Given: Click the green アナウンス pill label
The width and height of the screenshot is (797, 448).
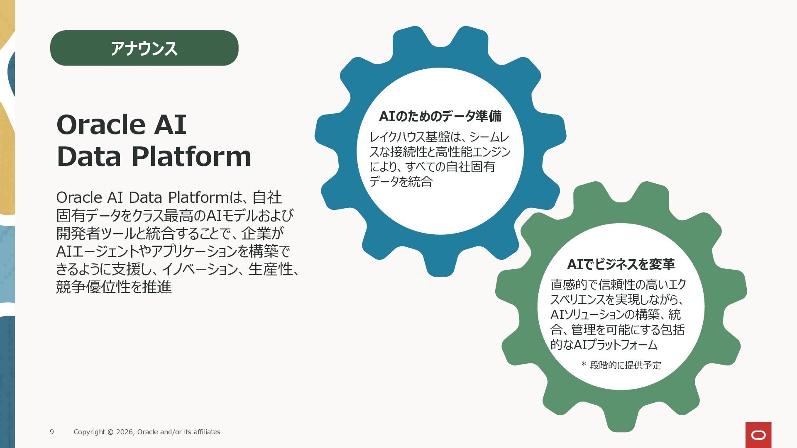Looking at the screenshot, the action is coord(144,48).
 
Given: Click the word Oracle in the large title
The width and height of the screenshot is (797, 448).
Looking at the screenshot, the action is coord(101,124).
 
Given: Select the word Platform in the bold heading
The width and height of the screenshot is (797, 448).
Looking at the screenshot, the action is coord(191,156).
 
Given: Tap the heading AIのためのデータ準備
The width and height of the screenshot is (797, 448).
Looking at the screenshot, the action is coord(440,116).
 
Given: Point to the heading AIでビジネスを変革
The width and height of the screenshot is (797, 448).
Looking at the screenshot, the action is coord(621,264).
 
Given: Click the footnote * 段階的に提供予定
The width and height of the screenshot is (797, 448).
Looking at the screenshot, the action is coord(621,365).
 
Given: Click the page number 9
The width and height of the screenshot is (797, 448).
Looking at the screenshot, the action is coord(52,432).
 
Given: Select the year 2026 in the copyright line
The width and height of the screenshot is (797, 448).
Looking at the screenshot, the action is coord(125,432).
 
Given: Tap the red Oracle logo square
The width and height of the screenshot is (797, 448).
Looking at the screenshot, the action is coord(758,435).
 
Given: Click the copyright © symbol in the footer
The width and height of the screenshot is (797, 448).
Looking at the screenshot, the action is coord(110,432).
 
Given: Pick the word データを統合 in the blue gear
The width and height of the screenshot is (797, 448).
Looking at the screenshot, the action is coord(401,182).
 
